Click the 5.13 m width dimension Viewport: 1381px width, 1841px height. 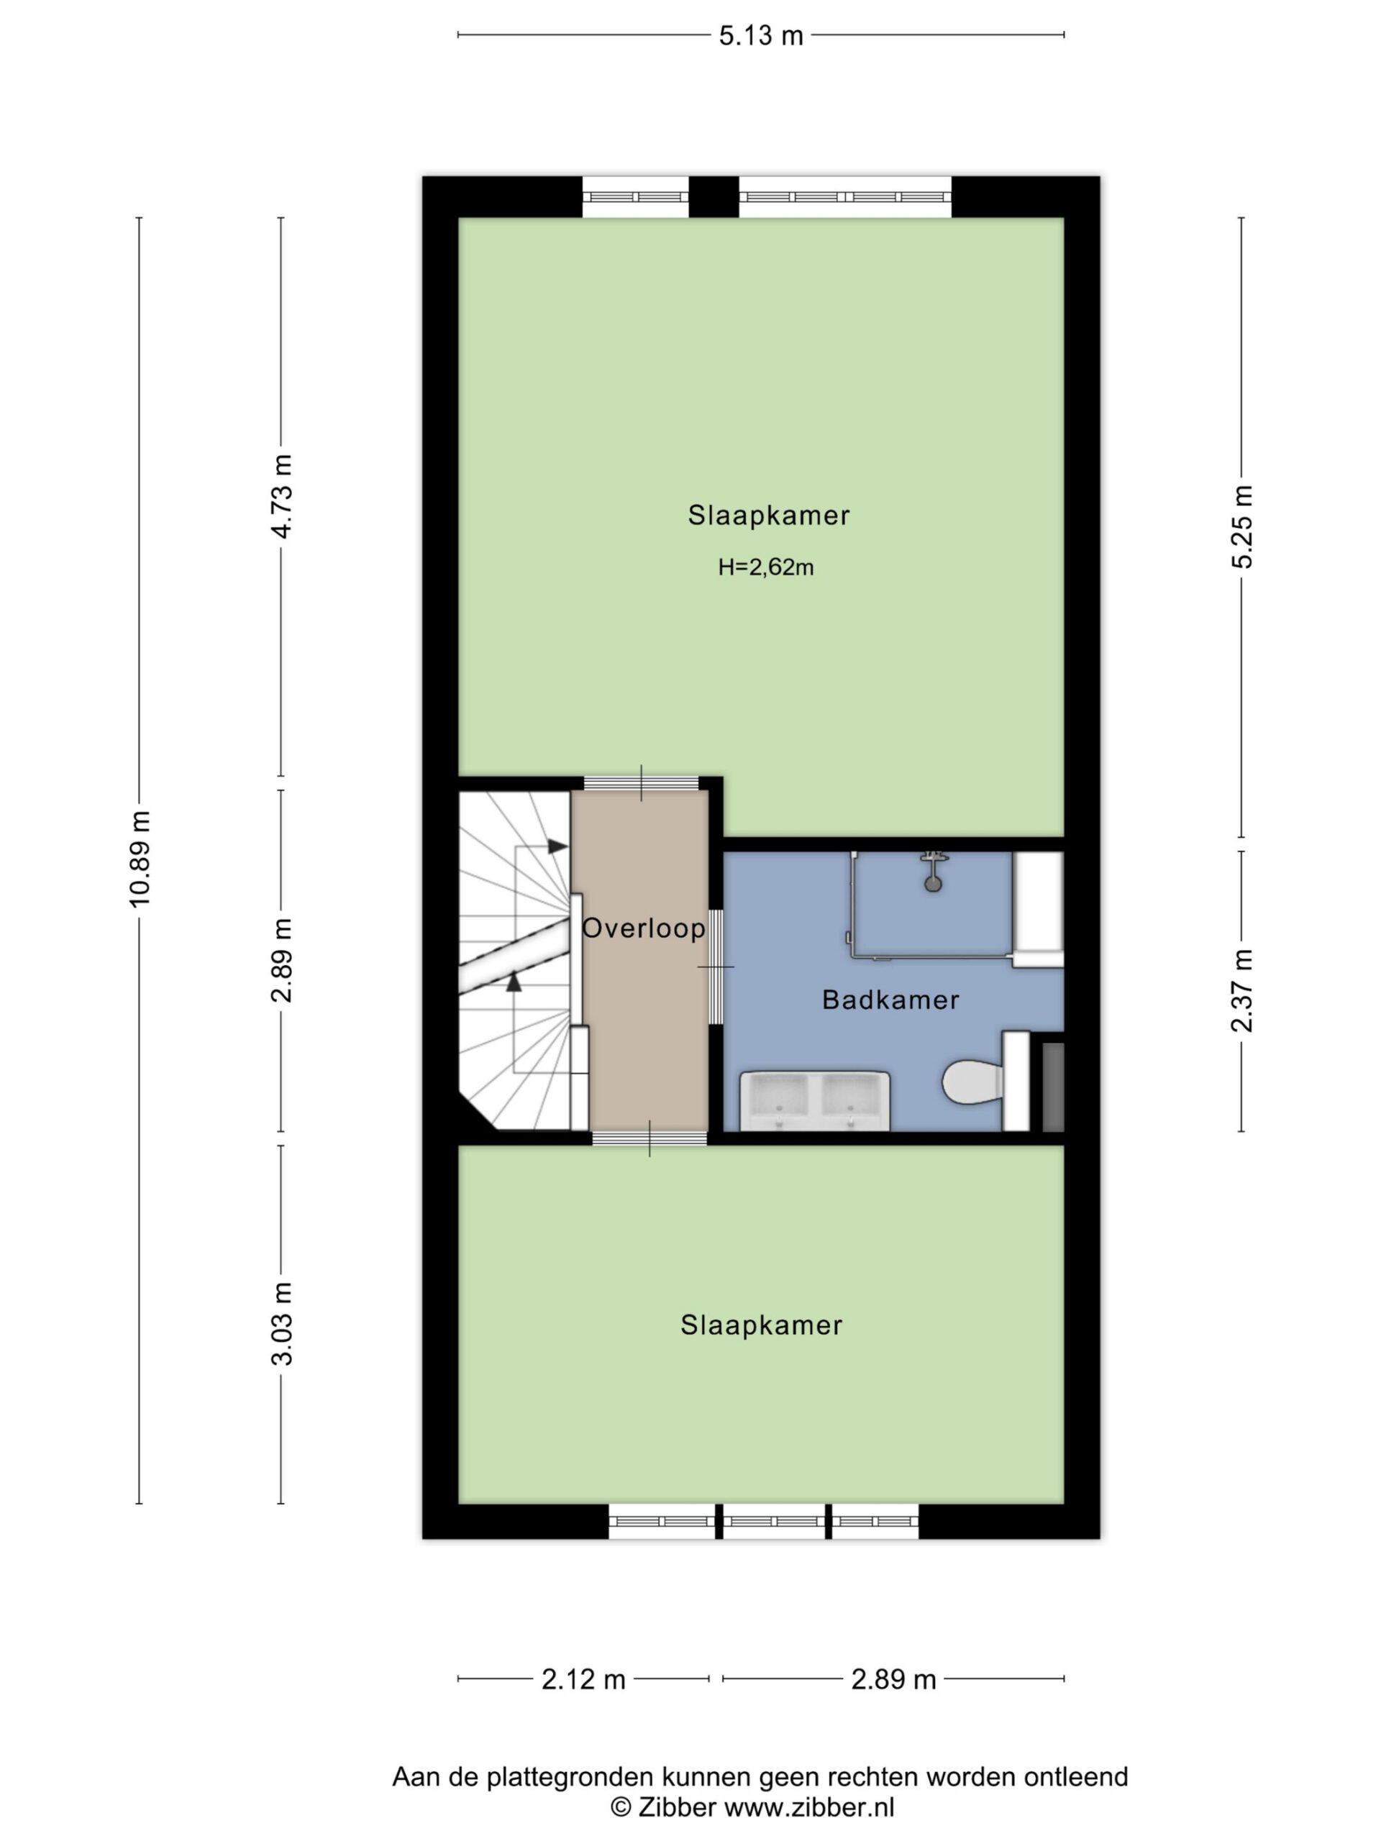761,36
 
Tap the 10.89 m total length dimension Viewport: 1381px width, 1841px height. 140,858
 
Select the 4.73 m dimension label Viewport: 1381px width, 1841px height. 282,497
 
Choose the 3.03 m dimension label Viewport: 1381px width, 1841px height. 282,1324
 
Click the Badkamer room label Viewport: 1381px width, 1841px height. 890,1000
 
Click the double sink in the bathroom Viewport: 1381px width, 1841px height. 815,1100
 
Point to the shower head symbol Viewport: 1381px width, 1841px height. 933,872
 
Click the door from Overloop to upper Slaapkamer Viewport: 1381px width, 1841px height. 641,782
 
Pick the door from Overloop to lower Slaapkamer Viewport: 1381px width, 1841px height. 650,1138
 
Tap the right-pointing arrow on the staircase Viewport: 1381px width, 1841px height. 557,846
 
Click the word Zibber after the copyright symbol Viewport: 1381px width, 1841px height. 676,1807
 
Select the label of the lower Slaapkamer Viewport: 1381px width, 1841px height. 761,1325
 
